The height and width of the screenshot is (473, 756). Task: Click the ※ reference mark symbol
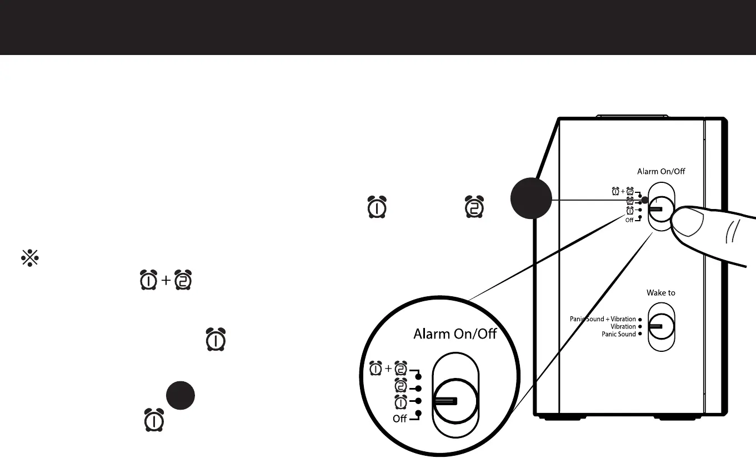tap(29, 258)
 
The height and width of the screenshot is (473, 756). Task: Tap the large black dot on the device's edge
tap(531, 198)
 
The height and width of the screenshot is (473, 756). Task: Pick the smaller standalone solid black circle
tap(180, 395)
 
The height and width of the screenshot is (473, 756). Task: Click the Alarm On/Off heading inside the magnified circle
tap(454, 334)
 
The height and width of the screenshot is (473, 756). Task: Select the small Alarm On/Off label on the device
tap(661, 172)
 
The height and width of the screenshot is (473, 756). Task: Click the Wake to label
tap(661, 293)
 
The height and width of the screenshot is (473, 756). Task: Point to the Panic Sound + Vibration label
tap(603, 319)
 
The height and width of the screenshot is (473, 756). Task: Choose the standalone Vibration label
tap(623, 326)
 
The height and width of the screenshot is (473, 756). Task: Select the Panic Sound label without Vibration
tap(619, 334)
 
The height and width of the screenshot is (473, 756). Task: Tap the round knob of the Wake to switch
tap(661, 326)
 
